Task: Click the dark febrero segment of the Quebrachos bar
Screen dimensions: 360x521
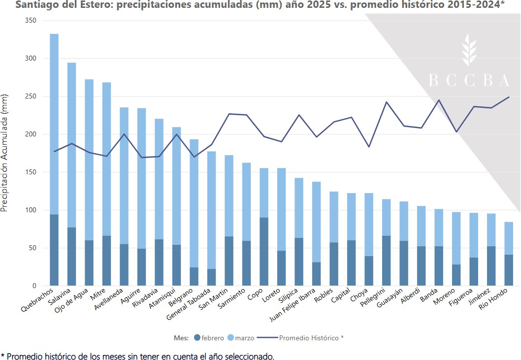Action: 54,250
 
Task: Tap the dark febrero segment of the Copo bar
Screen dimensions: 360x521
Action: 264,251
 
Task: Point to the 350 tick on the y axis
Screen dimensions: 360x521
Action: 31,21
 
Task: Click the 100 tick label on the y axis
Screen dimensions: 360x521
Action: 31,210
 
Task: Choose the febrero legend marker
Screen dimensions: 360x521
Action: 197,338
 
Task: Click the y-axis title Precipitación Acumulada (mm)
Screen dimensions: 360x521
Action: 5,153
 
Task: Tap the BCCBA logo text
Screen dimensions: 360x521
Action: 469,80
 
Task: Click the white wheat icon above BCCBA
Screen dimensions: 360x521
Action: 469,50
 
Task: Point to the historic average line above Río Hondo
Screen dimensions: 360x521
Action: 508,97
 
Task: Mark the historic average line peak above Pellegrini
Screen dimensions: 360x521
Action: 386,102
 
